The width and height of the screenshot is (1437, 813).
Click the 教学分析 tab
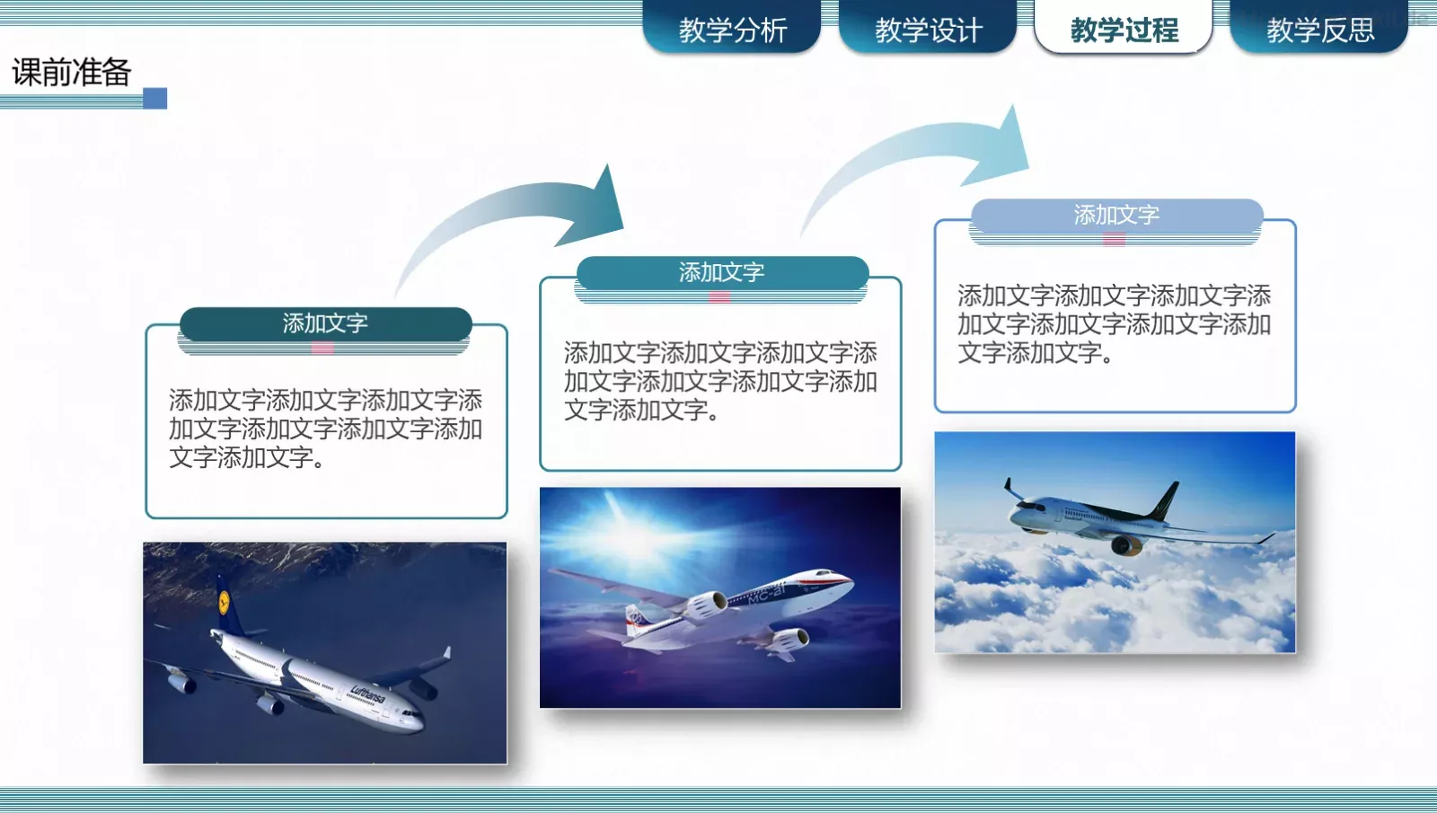click(732, 30)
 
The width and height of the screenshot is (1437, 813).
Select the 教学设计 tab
click(928, 30)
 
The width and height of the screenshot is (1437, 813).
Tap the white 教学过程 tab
click(1124, 30)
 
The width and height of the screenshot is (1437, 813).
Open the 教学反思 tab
click(1319, 30)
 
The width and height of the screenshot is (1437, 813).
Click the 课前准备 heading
click(72, 72)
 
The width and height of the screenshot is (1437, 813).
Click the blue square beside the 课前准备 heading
click(155, 98)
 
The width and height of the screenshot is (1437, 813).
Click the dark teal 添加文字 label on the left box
click(325, 323)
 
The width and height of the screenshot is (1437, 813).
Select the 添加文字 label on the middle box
click(721, 272)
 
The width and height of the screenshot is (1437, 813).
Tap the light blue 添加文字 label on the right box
click(1116, 215)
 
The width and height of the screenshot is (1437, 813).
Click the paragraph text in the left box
click(325, 429)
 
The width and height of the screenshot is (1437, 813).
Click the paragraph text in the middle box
click(720, 381)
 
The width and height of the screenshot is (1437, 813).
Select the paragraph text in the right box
click(1114, 323)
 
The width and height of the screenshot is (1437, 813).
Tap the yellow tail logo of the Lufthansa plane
click(224, 601)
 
